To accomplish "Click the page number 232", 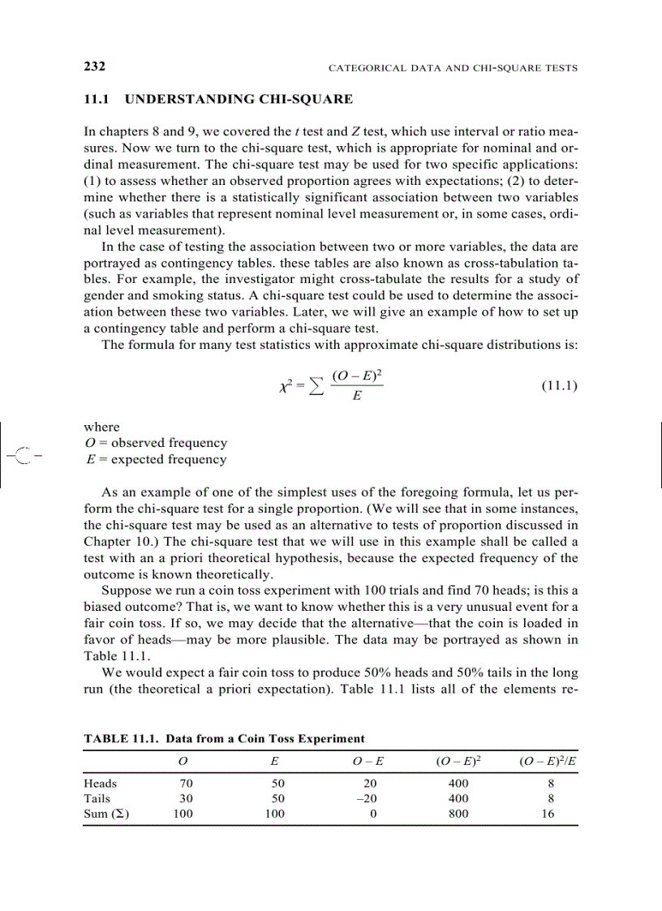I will (x=95, y=66).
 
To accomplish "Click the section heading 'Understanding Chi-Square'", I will (x=219, y=100).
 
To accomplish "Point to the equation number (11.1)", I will (x=559, y=386).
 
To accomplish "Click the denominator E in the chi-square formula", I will (x=357, y=397).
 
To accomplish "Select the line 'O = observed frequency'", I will (x=156, y=443).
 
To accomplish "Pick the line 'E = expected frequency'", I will (x=156, y=459).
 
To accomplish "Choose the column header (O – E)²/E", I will (x=548, y=761).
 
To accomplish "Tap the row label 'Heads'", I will (x=101, y=784).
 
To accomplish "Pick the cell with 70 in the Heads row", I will (x=186, y=784).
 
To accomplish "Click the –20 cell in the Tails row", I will (x=368, y=799).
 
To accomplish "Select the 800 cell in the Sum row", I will (x=458, y=814).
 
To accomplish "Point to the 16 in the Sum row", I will (x=548, y=814).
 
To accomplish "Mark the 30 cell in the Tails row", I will (x=186, y=799).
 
